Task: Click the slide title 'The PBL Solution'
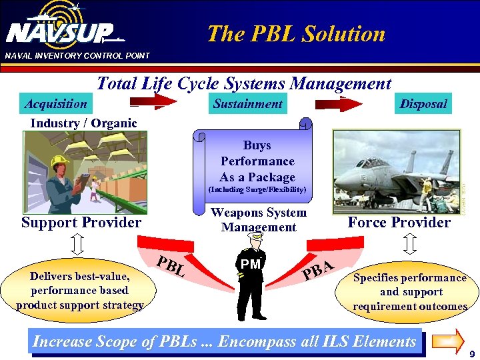[296, 33]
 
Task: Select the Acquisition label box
[56, 104]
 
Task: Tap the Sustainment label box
[248, 104]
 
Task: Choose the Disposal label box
[423, 104]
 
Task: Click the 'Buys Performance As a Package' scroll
[257, 163]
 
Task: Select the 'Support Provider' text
[81, 223]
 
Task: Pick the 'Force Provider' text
[399, 223]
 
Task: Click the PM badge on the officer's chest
[251, 265]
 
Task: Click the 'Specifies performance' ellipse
[409, 291]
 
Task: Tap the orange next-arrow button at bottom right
[447, 340]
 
